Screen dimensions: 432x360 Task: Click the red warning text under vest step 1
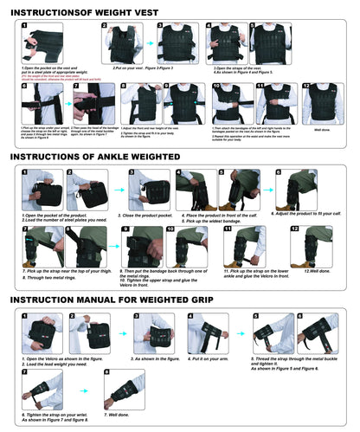[48, 76]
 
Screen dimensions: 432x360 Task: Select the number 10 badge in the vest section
[217, 87]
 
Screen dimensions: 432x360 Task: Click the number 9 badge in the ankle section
[126, 229]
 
